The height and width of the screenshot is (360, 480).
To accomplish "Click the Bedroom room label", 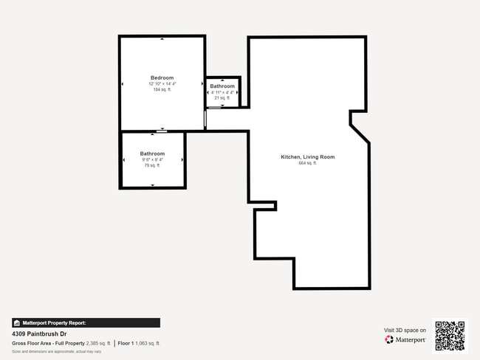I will tap(162, 78).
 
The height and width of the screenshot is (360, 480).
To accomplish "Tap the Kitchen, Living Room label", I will tap(307, 156).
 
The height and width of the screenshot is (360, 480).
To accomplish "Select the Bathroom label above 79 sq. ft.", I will tap(152, 153).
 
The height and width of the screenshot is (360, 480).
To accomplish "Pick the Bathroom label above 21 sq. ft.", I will tap(222, 86).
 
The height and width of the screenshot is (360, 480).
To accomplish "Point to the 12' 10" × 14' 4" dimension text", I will tap(162, 84).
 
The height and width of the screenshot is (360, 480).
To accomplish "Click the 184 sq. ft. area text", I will tap(162, 90).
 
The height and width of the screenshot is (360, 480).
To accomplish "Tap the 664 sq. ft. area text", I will tap(307, 163).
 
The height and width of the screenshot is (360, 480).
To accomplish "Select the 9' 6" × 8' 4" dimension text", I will tap(152, 159).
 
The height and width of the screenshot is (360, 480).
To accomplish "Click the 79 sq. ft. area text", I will tap(152, 165).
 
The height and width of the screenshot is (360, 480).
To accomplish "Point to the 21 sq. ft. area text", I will tap(222, 98).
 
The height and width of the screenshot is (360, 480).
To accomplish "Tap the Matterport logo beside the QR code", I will tap(405, 340).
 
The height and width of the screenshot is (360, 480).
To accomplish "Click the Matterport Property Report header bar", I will tap(86, 323).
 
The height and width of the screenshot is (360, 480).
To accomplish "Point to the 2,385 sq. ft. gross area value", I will tap(98, 344).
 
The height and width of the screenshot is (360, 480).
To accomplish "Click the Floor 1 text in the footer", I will tap(126, 344).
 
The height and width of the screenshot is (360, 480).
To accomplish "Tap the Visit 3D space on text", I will tap(405, 330).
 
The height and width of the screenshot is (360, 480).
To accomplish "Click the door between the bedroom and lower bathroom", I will tap(161, 131).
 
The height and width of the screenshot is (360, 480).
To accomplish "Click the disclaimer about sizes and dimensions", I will tap(56, 351).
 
